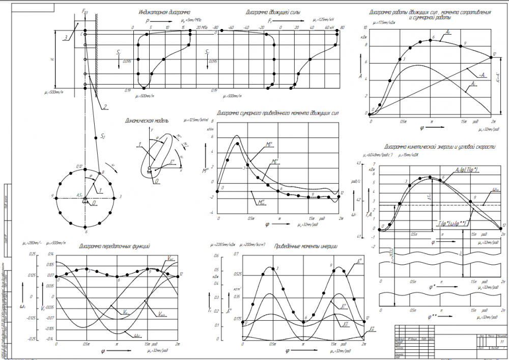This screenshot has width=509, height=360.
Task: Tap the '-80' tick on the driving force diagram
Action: (216, 27)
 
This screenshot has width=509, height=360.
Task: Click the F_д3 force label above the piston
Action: (84, 11)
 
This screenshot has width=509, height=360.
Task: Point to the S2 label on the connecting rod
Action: (103, 136)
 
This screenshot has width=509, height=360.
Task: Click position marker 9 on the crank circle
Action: (60, 197)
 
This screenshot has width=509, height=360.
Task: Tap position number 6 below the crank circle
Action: (86, 231)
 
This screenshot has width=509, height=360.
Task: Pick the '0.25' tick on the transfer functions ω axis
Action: (33, 254)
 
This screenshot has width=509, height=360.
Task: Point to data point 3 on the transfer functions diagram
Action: (87, 269)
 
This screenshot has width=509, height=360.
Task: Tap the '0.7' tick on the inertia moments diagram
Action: (236, 254)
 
